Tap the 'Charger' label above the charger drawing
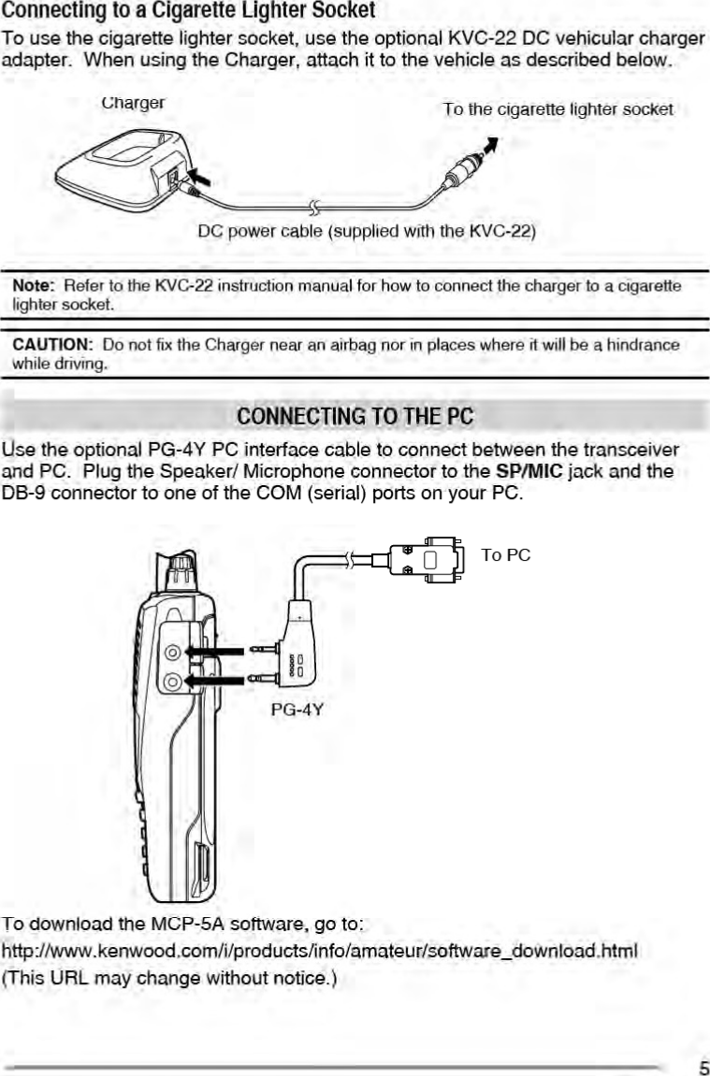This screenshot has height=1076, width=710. click(134, 103)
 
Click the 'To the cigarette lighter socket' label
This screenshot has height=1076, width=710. click(558, 109)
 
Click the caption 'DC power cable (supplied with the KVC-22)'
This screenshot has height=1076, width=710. click(366, 230)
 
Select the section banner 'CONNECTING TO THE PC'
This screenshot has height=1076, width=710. click(355, 415)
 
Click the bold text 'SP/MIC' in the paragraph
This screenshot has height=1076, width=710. click(529, 471)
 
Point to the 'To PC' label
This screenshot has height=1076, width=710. click(506, 555)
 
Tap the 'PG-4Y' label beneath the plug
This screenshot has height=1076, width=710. click(297, 710)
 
